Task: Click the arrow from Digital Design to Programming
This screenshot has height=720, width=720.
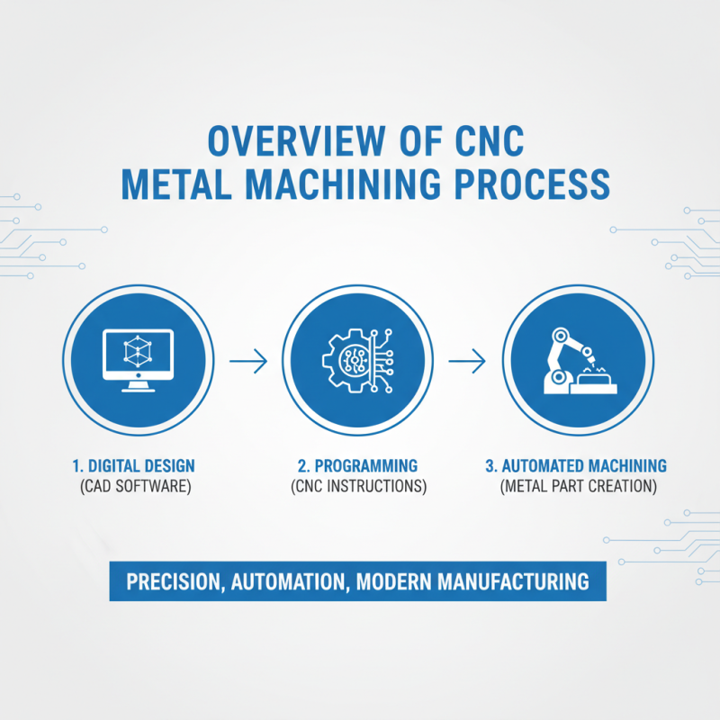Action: pos(248,362)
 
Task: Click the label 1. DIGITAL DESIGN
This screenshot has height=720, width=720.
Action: pos(133,466)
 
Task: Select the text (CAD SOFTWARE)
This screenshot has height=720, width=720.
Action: pos(133,487)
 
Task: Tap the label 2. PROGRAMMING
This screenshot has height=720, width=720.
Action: pos(357,466)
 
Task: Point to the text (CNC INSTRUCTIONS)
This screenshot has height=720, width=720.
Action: pos(357,487)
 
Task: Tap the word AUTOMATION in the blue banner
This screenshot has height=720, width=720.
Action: pos(289,581)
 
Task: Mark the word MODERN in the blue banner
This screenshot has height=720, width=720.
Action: pos(392,581)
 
